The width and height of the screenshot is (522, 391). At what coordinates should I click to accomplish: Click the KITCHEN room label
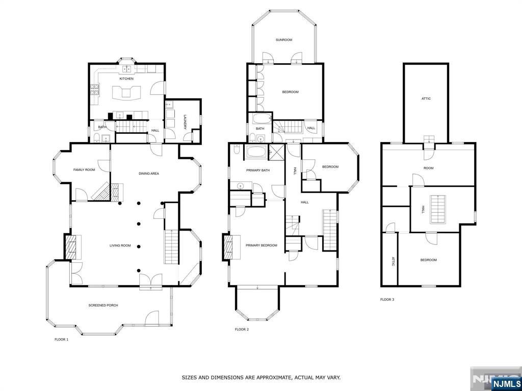click(x=126, y=79)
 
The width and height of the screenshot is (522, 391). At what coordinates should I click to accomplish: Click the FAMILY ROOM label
click(x=84, y=170)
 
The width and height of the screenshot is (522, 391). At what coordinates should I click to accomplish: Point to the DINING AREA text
click(x=149, y=174)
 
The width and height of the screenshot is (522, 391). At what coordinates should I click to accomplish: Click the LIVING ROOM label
click(x=120, y=245)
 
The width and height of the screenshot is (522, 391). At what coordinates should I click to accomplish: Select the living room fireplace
click(x=72, y=247)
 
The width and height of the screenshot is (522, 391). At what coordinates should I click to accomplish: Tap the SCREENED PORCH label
click(x=103, y=305)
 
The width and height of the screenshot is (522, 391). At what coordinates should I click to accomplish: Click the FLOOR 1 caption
click(x=61, y=339)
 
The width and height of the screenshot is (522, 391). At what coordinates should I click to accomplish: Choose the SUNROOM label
click(x=283, y=40)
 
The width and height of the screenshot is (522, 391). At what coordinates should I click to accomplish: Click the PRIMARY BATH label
click(x=257, y=170)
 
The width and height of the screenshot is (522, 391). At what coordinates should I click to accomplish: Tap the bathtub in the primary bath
click(x=256, y=152)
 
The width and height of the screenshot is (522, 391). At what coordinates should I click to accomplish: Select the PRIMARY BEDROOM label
click(x=261, y=245)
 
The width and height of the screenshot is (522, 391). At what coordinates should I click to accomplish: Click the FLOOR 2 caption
click(x=242, y=329)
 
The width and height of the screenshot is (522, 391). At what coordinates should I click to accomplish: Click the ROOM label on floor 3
click(x=428, y=168)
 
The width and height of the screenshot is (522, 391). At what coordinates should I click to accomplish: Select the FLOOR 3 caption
click(x=387, y=299)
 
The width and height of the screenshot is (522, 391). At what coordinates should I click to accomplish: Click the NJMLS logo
click(x=506, y=383)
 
